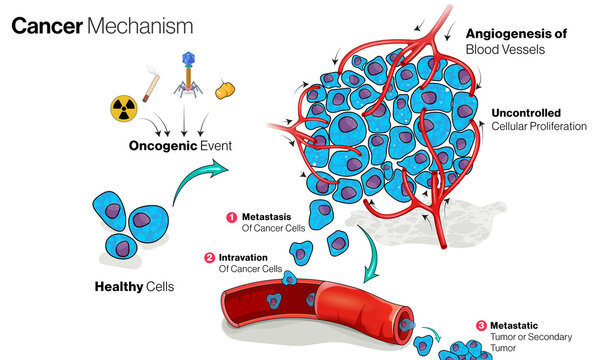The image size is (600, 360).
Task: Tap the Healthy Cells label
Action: click(134, 286)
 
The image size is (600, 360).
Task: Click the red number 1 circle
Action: click(230, 216)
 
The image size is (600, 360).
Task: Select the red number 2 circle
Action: click(208, 257)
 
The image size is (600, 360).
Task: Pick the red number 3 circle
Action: click(481, 325)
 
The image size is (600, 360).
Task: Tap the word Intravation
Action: click(245, 257)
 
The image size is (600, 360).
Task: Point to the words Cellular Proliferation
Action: click(538, 126)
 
